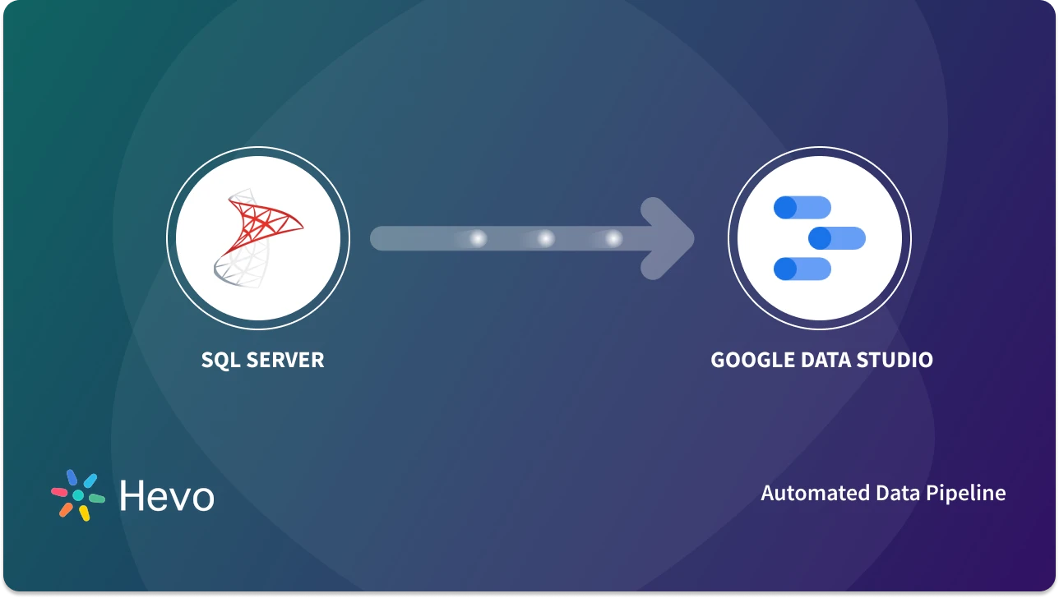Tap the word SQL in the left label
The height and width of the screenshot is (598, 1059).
coord(220,360)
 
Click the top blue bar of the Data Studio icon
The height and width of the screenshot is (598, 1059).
coord(802,208)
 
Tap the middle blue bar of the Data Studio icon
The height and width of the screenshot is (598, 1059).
coord(837,238)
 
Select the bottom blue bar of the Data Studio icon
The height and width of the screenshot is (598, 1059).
coord(802,269)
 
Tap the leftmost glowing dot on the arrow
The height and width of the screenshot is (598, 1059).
coord(478,238)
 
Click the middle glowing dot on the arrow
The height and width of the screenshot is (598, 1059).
coord(546,238)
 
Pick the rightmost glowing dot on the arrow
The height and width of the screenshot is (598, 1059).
coord(613,238)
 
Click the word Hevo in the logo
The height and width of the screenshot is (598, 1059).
coord(167,496)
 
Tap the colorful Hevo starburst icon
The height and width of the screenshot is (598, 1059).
coord(78,495)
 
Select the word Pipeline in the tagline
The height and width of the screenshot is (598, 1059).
coord(966,493)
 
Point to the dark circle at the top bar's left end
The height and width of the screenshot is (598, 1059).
coord(785,208)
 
